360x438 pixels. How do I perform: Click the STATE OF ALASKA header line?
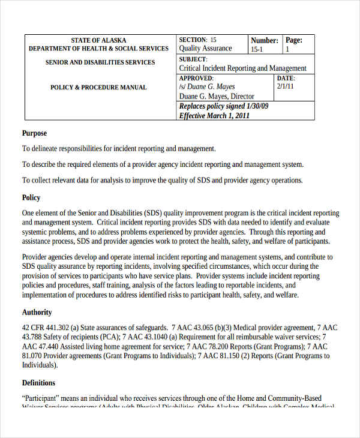[x=98, y=40]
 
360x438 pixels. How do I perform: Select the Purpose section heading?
[x=34, y=133]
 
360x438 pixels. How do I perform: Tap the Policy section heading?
[x=31, y=197]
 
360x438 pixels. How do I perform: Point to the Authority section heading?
[x=37, y=312]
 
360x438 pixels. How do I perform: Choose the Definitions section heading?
[x=38, y=383]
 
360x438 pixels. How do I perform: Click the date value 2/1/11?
[x=286, y=86]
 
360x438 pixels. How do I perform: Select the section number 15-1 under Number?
[x=257, y=50]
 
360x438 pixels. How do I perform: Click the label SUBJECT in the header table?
[x=193, y=59]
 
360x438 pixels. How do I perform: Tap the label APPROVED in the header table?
[x=196, y=78]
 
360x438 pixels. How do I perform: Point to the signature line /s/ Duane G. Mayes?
[x=207, y=87]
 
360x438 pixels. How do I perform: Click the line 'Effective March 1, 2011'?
[x=214, y=116]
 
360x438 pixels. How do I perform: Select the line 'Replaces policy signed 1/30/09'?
[x=224, y=106]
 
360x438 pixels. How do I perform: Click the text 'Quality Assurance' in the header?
[x=205, y=49]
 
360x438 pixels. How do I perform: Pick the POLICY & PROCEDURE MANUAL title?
[x=98, y=88]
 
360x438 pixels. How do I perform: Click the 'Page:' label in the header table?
[x=293, y=40]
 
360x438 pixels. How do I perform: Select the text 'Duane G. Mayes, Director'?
[x=217, y=97]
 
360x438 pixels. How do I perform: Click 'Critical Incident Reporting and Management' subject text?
[x=242, y=68]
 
